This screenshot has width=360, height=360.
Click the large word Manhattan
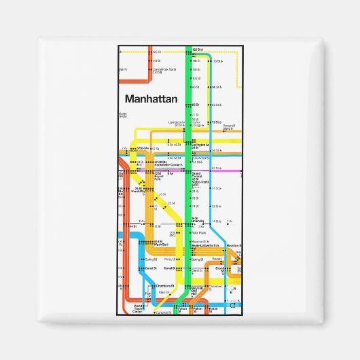coord(151,98)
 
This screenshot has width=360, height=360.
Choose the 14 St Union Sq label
coord(198,219)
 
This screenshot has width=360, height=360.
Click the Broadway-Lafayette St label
coord(204,247)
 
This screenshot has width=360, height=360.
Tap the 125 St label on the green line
coord(198,51)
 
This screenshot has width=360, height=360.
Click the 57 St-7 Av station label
coord(142,148)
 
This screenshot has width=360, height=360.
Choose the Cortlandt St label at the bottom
coord(164,312)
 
